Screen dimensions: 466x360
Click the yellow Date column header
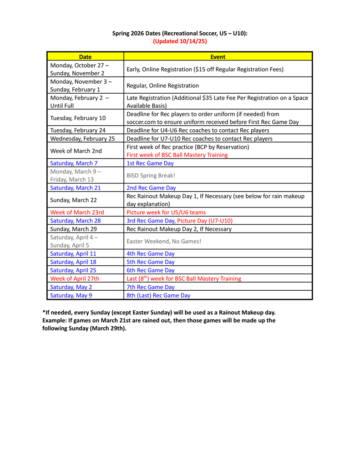(85, 57)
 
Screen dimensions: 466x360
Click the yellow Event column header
(218, 57)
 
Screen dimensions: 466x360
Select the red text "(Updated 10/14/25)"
(180, 41)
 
